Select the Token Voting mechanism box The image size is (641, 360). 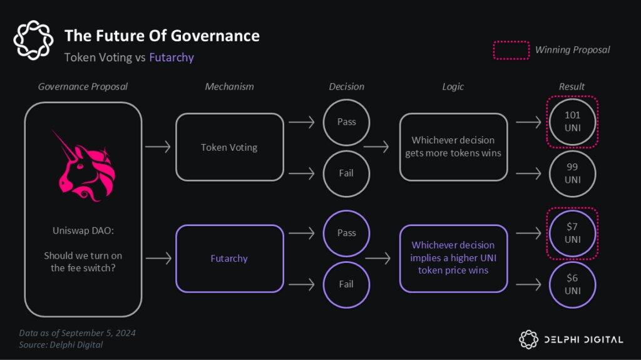click(229, 148)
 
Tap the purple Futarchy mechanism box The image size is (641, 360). click(229, 259)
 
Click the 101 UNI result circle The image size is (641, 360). click(572, 121)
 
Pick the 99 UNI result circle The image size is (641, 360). click(572, 173)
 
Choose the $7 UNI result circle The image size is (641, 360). click(572, 234)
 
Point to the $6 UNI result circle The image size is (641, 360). click(572, 285)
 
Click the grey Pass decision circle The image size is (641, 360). click(346, 121)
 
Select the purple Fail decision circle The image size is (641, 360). click(346, 284)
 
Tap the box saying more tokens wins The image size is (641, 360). click(453, 147)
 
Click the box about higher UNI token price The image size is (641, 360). click(453, 258)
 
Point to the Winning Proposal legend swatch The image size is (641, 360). click(511, 50)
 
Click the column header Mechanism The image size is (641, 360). click(229, 86)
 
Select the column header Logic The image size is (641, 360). click(453, 86)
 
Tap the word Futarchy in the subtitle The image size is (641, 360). click(172, 58)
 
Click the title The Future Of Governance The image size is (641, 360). click(162, 36)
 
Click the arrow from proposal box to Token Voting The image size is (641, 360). click(158, 148)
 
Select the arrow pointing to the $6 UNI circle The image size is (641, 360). click(529, 285)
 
